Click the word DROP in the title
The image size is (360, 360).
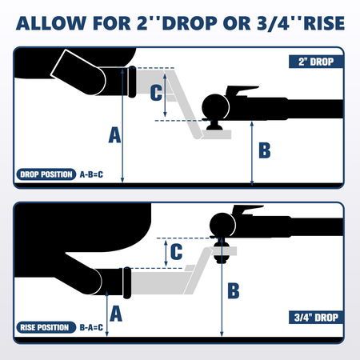point(190,23)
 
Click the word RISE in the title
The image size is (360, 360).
point(324,23)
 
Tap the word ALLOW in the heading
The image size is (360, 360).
point(51,23)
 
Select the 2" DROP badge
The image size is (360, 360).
point(316,62)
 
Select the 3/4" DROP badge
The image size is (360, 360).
point(316,318)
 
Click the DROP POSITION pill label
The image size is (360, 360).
point(46,174)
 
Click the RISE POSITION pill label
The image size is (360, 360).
point(46,327)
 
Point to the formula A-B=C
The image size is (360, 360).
point(91,174)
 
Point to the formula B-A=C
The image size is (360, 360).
point(91,327)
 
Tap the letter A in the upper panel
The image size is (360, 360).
point(114,135)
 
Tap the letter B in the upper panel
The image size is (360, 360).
point(265,150)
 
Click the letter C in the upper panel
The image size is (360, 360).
point(156,93)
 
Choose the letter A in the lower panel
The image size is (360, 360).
point(116,314)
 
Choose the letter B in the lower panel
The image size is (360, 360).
point(234,290)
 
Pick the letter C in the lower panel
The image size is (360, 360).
point(176,251)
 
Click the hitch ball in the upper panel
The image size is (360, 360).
point(215,107)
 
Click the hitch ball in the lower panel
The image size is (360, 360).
point(222,226)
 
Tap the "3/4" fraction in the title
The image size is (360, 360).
point(274,23)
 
